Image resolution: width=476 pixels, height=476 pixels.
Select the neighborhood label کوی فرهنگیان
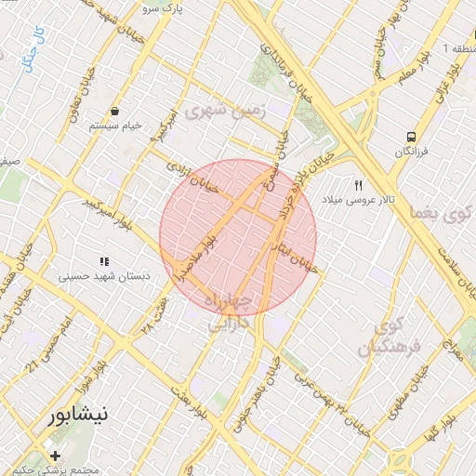pos(390,337)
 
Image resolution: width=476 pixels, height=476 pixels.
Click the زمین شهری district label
pos(226,111)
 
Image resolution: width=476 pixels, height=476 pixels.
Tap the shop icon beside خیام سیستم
pos(114,110)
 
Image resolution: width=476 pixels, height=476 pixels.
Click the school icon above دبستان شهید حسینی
pos(104,262)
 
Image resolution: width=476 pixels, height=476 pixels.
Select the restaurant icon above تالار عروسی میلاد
pos(358,185)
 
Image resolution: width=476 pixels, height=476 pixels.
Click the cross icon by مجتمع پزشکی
pos(57,456)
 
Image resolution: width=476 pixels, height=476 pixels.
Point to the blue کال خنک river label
pos(35,47)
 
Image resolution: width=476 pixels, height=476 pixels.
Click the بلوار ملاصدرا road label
pos(198,257)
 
